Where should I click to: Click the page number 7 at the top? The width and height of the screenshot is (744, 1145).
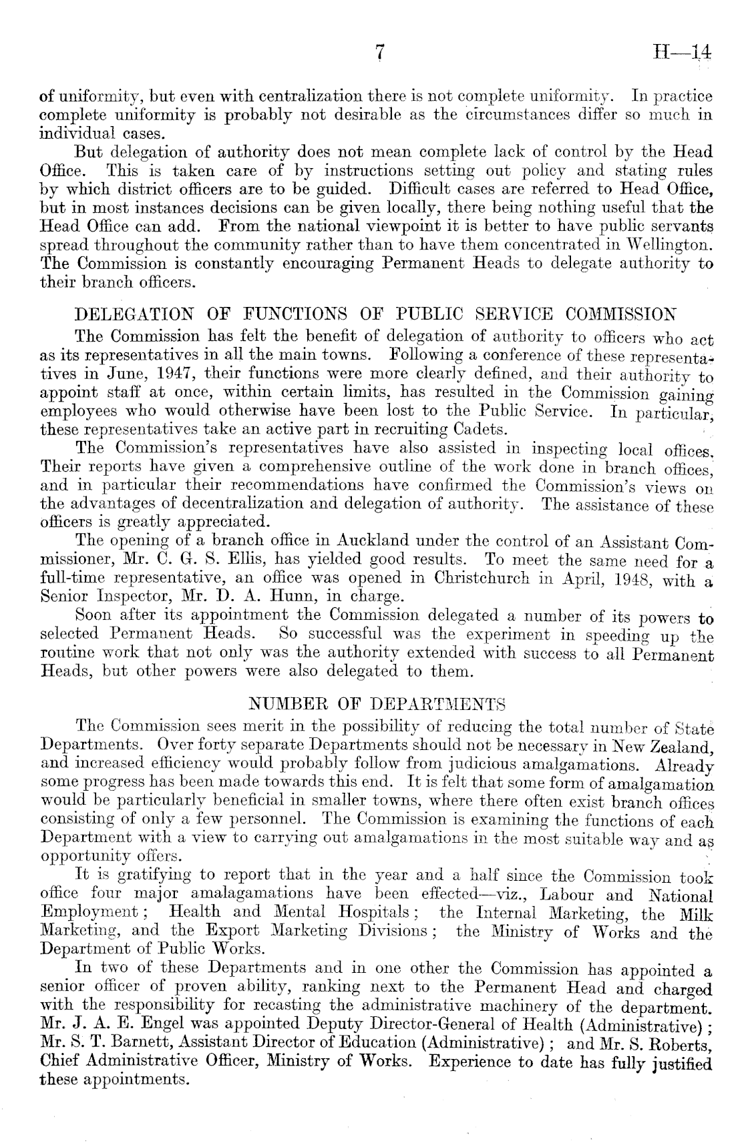coord(379,52)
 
